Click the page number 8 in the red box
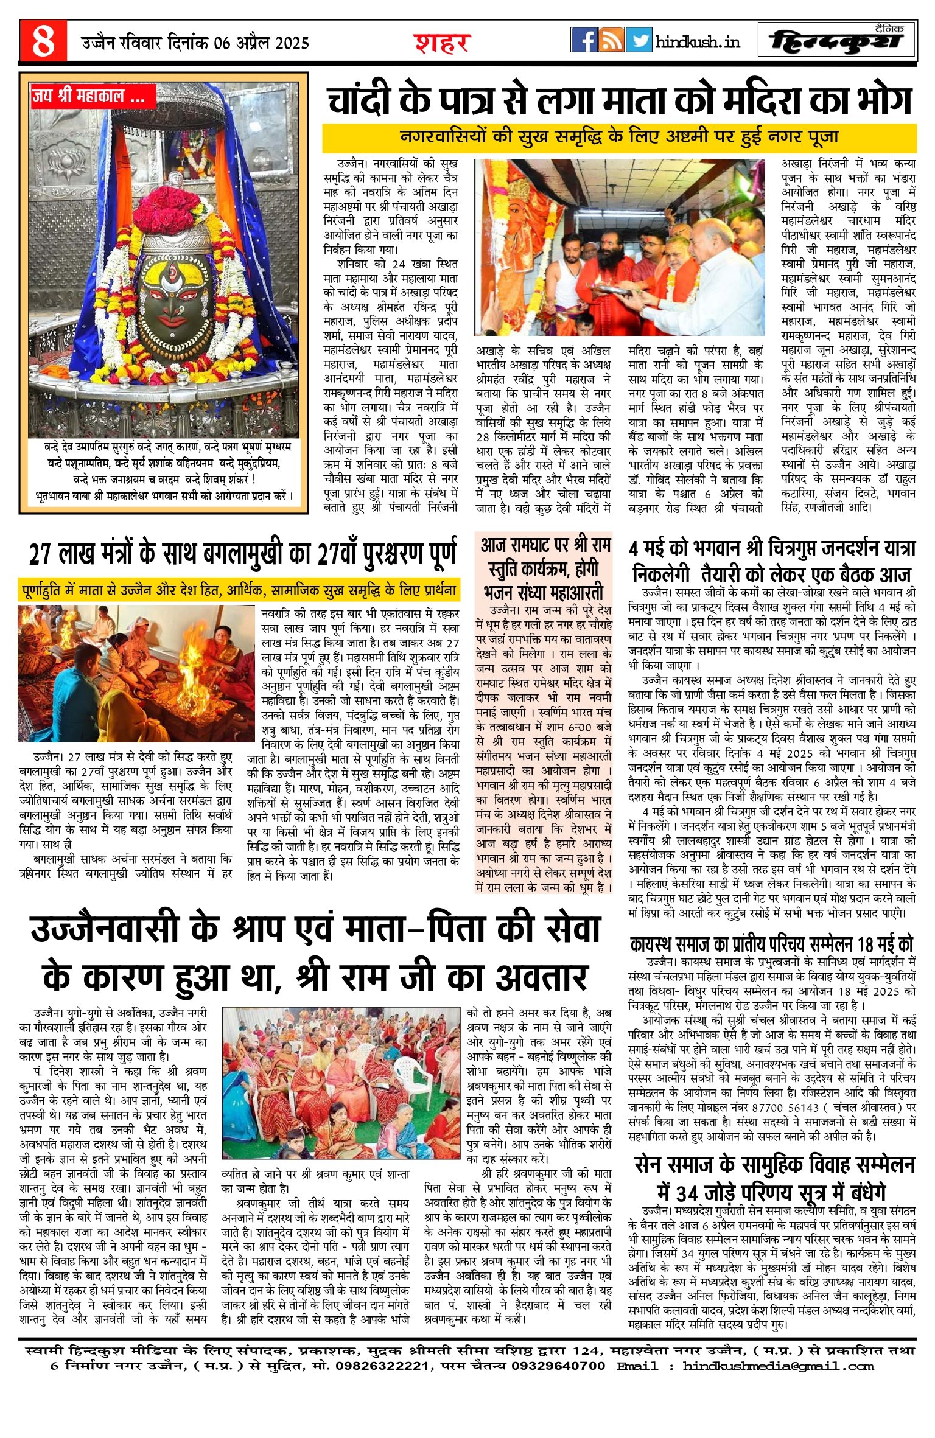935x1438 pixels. (43, 41)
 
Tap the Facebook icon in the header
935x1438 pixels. (584, 40)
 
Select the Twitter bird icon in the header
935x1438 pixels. (639, 40)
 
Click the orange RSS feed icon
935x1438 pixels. (611, 40)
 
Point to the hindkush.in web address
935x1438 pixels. (698, 41)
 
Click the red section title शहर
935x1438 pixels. (442, 43)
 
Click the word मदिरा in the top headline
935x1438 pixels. (730, 100)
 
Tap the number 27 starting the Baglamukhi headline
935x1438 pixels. (42, 554)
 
